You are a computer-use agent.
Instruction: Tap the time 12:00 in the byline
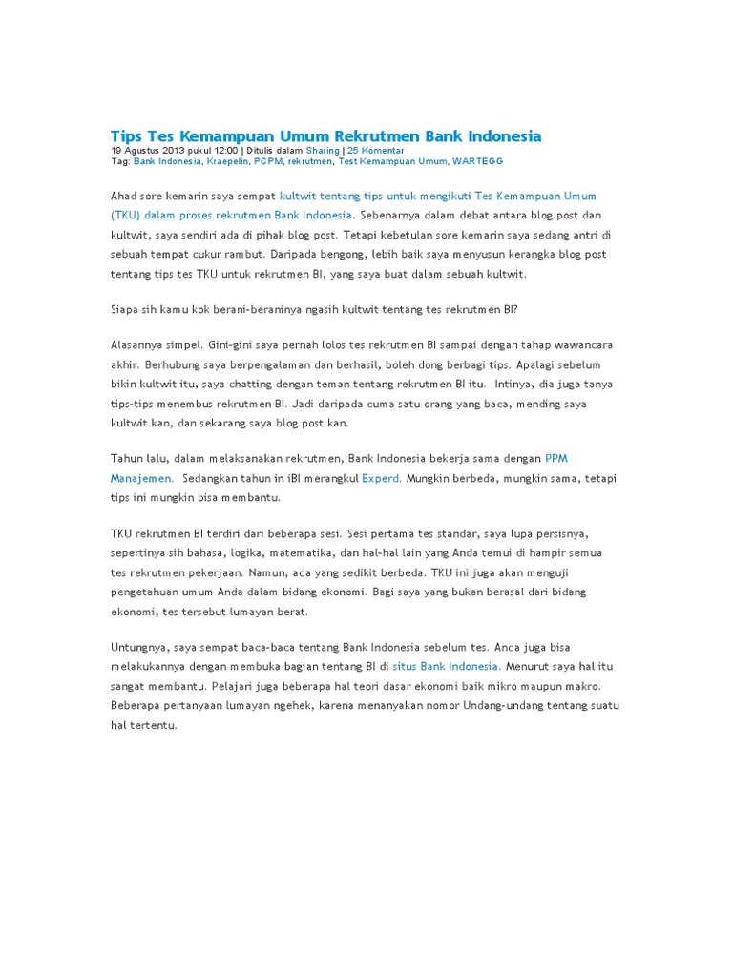[x=224, y=151]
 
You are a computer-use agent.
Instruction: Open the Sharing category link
[x=322, y=151]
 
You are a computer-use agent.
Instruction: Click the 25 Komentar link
[x=375, y=151]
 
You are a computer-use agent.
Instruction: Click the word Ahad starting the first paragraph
[x=124, y=195]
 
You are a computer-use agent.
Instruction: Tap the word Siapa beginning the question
[x=126, y=309]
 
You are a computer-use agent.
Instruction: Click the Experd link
[x=381, y=477]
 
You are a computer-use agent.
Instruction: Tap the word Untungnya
[x=142, y=647]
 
